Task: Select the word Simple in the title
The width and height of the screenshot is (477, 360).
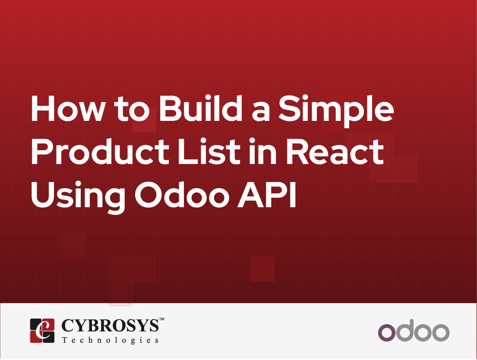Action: (336, 111)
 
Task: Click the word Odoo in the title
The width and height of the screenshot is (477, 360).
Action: (182, 195)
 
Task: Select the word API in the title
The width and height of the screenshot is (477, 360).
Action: (267, 195)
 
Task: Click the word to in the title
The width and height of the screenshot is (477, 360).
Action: (132, 110)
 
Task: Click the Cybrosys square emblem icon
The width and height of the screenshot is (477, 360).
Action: (42, 331)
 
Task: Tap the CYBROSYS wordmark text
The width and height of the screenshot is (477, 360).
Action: (110, 325)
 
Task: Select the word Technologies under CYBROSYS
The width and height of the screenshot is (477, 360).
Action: (110, 340)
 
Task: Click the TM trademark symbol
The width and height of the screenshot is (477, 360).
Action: (162, 319)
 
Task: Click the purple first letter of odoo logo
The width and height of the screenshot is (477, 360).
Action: (387, 333)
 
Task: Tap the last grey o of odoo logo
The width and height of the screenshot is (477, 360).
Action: (441, 333)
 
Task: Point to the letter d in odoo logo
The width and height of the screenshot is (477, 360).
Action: (404, 330)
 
